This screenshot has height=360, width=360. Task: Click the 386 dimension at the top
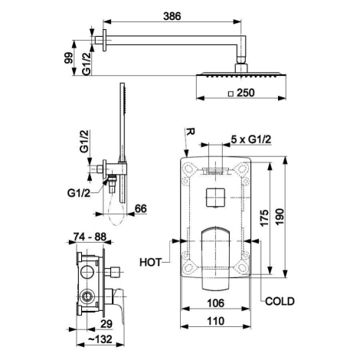coord(172,16)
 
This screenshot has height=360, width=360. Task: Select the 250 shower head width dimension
coord(245,93)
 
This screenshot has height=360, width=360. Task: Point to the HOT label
coord(151,262)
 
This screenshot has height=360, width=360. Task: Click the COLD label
coord(280,301)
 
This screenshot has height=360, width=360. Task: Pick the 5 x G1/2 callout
coord(250,139)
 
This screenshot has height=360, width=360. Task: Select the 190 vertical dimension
coord(280,217)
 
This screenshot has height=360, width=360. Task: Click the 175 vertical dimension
coord(265,218)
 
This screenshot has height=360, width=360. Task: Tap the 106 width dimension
coord(215,303)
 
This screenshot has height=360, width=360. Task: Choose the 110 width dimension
coord(215,321)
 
